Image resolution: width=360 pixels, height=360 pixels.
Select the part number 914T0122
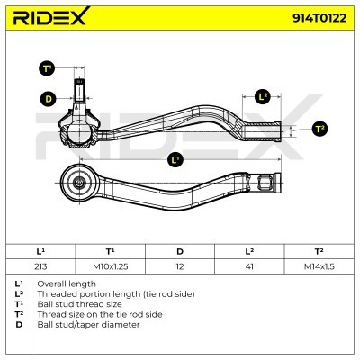pos(319,18)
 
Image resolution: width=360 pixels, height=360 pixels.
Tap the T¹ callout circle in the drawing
pos(47,68)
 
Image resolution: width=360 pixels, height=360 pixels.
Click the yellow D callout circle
pos(49,99)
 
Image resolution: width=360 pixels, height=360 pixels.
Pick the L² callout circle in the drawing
pos(263,96)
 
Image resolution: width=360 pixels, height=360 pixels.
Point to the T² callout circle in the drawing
pos(319,130)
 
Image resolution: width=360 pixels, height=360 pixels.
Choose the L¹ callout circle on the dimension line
pos(175,159)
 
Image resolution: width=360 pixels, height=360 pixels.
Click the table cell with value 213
pos(40,266)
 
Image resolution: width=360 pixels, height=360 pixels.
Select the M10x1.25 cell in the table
pos(111,266)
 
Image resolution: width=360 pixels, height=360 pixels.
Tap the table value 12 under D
pos(180,266)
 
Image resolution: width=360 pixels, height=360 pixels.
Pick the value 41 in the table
pos(249,266)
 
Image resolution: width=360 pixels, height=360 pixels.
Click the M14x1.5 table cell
pos(319,266)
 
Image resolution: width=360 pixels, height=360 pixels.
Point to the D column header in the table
pos(180,251)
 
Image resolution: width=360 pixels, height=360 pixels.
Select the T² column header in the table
pos(319,251)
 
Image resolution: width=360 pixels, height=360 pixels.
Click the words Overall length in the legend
pos(67,283)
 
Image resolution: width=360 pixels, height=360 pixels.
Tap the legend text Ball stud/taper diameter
pos(88,325)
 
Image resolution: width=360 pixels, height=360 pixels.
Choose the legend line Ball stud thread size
pos(79,304)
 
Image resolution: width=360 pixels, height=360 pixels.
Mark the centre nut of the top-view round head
pos(79,183)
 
